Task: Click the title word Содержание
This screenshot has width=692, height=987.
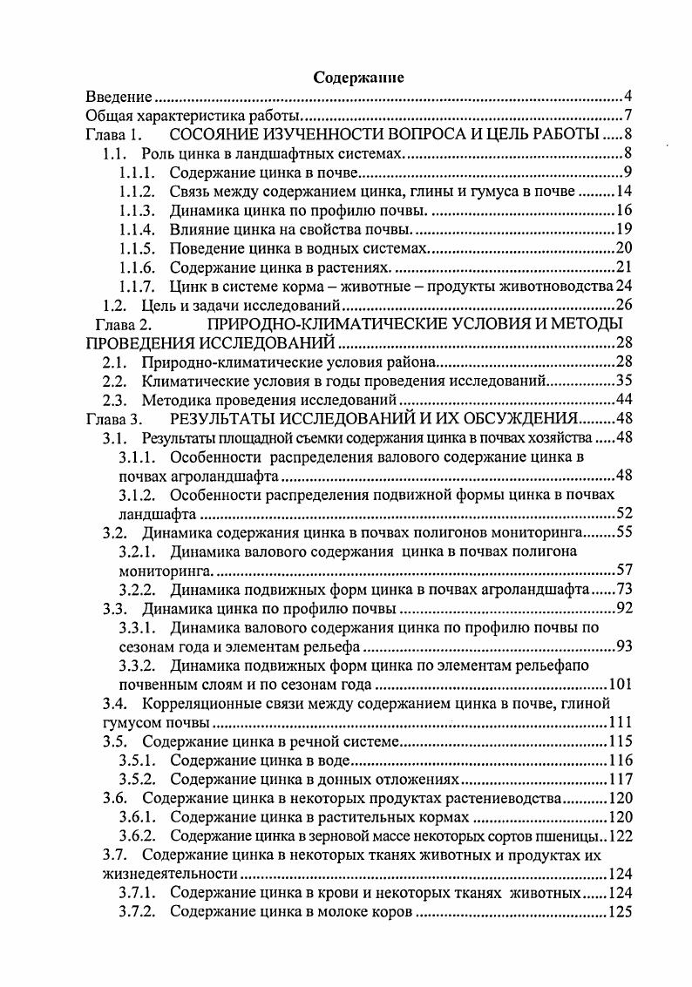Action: (x=358, y=78)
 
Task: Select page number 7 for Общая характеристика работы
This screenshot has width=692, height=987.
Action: (x=627, y=116)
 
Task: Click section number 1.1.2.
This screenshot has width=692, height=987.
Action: (x=137, y=192)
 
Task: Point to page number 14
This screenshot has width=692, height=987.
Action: (x=623, y=192)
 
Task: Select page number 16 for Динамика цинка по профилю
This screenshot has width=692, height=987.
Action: (x=623, y=211)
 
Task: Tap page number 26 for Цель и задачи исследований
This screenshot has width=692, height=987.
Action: (x=623, y=306)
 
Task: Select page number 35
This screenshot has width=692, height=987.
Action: (x=623, y=382)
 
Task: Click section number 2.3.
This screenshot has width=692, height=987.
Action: (x=116, y=401)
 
